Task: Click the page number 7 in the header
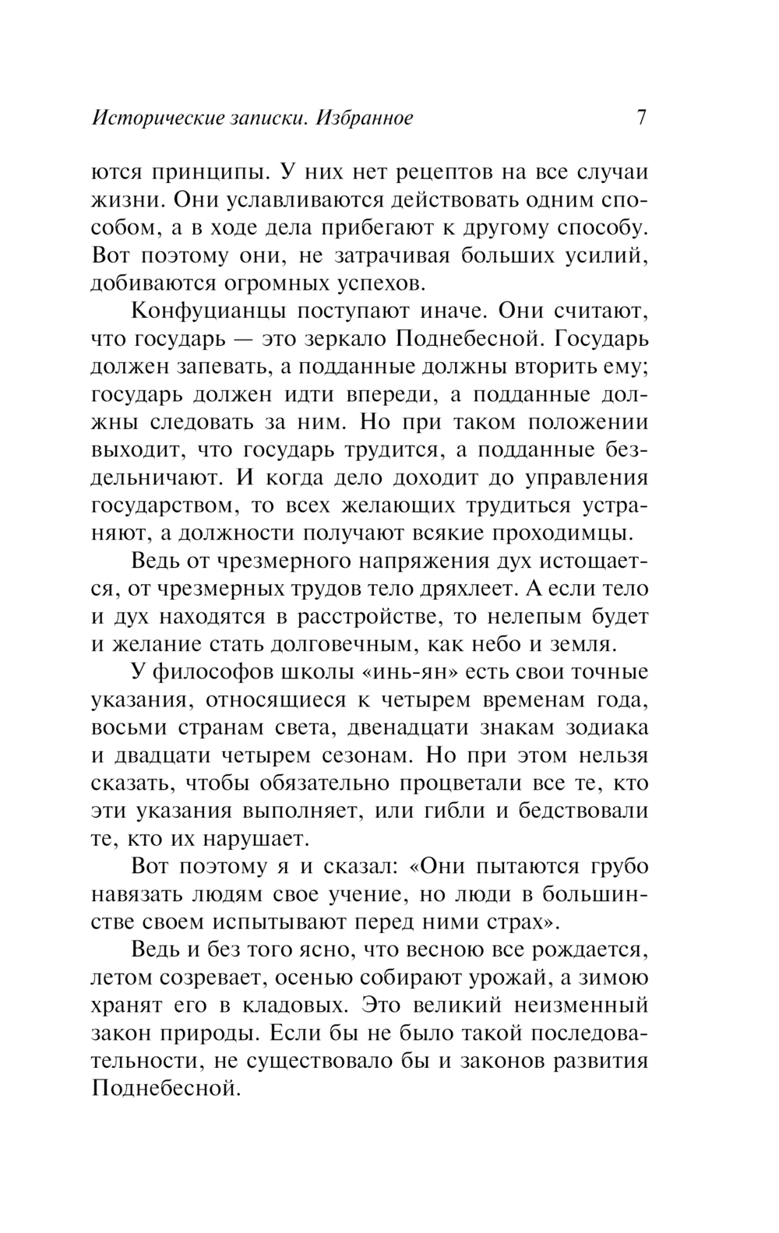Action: (x=641, y=118)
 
